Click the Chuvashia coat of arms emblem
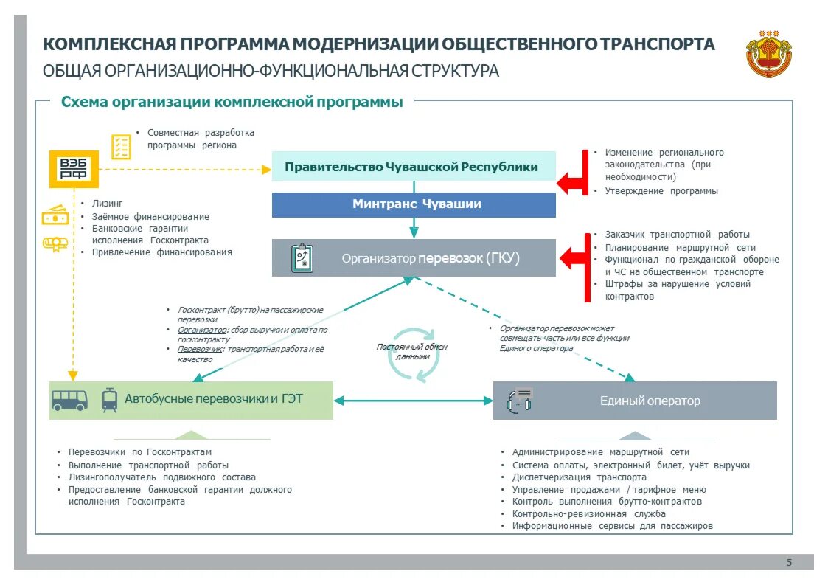pyautogui.click(x=768, y=53)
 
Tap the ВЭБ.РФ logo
pyautogui.click(x=73, y=169)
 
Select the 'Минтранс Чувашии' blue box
pyautogui.click(x=414, y=204)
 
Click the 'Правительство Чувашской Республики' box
pyautogui.click(x=414, y=167)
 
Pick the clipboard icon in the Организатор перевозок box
pyautogui.click(x=302, y=257)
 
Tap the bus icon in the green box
pyautogui.click(x=69, y=400)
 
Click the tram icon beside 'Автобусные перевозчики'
pyautogui.click(x=109, y=399)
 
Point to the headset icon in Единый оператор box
pyautogui.click(x=520, y=400)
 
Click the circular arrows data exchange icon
pyautogui.click(x=414, y=355)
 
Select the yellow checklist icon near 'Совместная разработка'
pyautogui.click(x=121, y=146)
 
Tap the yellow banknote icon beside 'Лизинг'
pyautogui.click(x=55, y=216)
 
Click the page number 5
pyautogui.click(x=789, y=563)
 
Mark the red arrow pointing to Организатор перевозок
pyautogui.click(x=573, y=259)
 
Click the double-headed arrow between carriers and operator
pyautogui.click(x=413, y=401)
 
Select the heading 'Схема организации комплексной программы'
pyautogui.click(x=232, y=103)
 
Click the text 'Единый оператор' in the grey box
pyautogui.click(x=650, y=401)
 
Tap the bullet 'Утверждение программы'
pyautogui.click(x=661, y=191)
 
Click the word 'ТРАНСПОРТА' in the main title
pyautogui.click(x=658, y=44)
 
